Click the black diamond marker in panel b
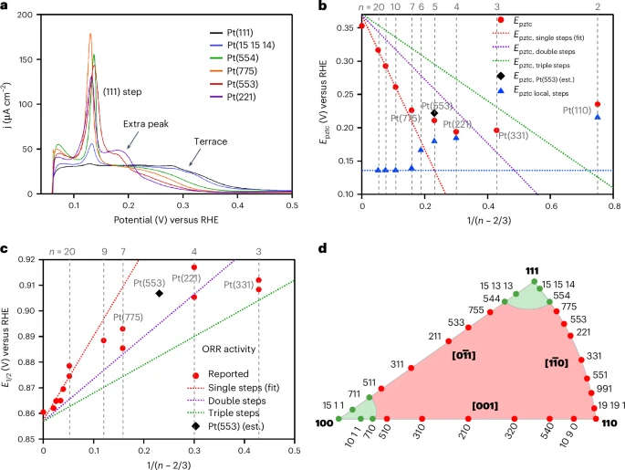[x=434, y=113]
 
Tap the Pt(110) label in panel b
[x=578, y=110]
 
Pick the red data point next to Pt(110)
[x=598, y=104]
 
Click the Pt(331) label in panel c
[x=240, y=286]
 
